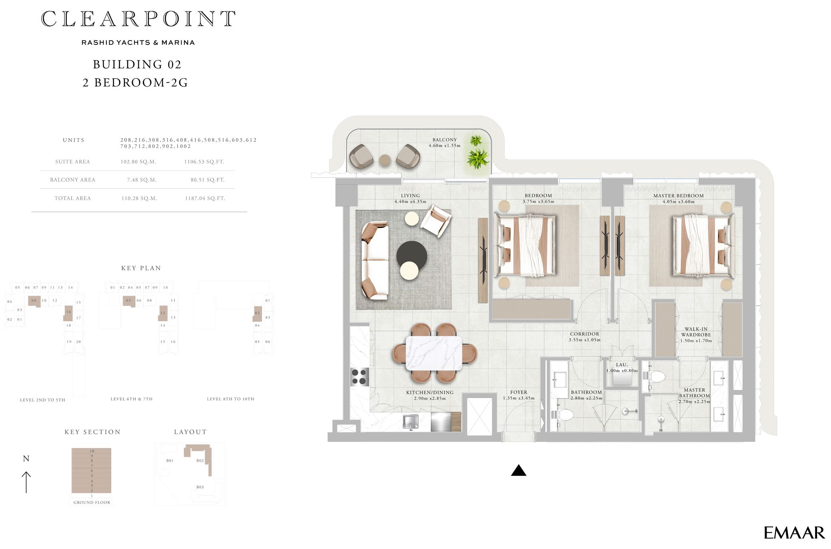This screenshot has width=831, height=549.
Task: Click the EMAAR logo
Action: [794, 533]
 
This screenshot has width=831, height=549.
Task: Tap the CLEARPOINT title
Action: [138, 19]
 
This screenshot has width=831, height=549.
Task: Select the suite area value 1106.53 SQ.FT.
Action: [204, 162]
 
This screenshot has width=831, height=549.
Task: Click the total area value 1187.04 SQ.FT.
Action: [205, 198]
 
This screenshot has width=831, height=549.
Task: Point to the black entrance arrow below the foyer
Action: [518, 470]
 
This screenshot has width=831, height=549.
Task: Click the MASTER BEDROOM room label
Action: [678, 196]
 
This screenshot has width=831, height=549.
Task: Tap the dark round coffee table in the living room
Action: [412, 255]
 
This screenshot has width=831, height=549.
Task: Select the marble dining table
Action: [434, 353]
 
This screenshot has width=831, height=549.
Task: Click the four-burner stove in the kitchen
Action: [359, 376]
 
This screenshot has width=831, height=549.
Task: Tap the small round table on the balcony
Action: [385, 160]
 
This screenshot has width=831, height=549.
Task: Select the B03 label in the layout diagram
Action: [200, 487]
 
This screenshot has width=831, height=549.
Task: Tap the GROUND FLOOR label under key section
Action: [92, 502]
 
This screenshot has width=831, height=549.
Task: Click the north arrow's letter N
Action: [26, 459]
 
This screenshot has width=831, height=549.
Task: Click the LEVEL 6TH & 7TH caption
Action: [132, 399]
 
